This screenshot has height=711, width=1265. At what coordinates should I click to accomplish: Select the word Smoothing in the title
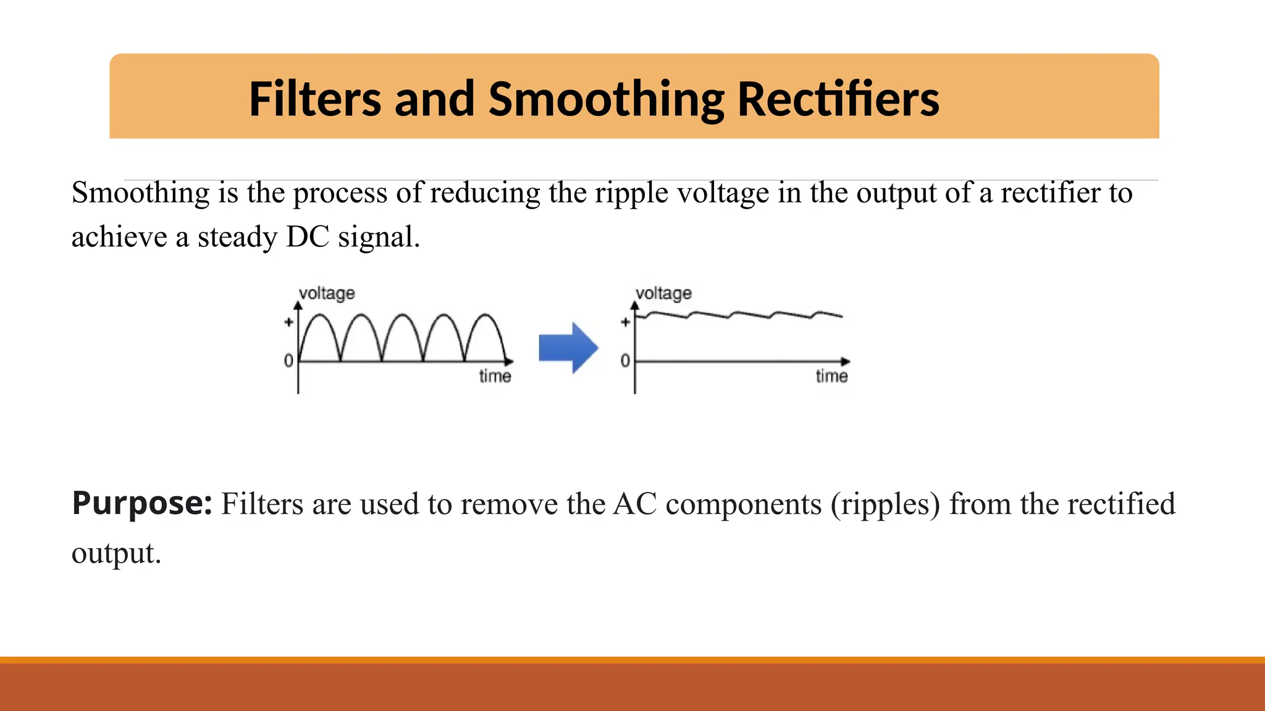[x=606, y=100]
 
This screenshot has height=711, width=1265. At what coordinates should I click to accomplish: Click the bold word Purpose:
[x=142, y=504]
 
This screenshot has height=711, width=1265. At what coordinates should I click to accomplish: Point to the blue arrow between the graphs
[x=568, y=347]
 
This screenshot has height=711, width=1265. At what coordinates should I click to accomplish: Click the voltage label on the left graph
[x=327, y=293]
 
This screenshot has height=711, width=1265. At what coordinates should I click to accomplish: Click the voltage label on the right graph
[x=663, y=293]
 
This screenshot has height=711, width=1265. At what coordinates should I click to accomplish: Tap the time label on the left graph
[x=495, y=376]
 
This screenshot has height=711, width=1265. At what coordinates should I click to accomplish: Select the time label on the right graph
[x=831, y=376]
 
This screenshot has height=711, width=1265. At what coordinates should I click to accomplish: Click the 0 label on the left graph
[x=288, y=360]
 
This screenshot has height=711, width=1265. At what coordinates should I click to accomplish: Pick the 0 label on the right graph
[x=625, y=360]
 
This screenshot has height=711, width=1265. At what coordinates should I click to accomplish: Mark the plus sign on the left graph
[x=288, y=322]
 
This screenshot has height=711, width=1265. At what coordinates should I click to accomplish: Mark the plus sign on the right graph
[x=625, y=322]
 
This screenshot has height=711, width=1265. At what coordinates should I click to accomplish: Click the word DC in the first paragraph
[x=308, y=237]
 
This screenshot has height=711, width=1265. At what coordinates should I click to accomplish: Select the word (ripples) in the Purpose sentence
[x=885, y=504]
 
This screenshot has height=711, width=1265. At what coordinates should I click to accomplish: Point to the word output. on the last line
[x=116, y=553]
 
